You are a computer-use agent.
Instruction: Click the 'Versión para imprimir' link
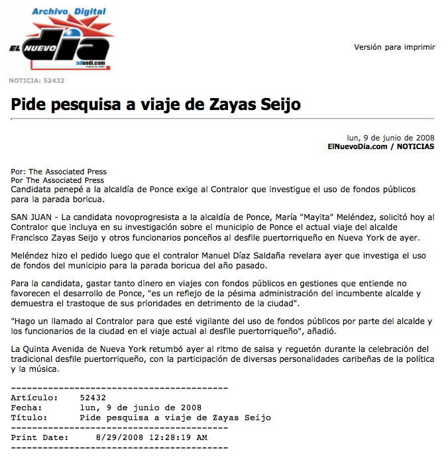[x=394, y=47]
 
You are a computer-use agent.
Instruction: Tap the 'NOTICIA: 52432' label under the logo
[x=36, y=81]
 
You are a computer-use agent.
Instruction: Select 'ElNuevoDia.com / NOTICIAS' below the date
[x=380, y=146]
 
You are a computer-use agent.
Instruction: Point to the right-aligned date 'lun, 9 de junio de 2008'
[x=391, y=138]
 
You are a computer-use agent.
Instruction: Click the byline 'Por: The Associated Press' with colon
[x=59, y=172]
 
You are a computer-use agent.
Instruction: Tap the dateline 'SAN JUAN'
[x=30, y=217]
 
